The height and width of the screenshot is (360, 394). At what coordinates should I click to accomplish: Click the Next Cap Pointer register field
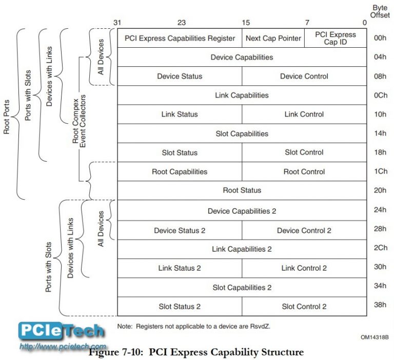click(273, 38)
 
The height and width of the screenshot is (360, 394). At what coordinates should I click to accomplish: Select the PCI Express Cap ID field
click(336, 38)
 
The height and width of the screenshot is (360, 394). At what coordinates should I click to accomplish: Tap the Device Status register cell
click(180, 76)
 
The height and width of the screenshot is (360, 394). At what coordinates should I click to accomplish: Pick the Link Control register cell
click(304, 114)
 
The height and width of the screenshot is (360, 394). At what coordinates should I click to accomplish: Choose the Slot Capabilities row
click(242, 134)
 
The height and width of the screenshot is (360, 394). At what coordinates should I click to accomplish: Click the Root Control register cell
click(304, 172)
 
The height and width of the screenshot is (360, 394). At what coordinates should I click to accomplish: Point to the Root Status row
click(242, 190)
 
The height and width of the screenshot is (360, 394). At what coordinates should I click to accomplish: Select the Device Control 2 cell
click(304, 231)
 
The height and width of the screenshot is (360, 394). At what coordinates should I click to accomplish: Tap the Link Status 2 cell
click(180, 268)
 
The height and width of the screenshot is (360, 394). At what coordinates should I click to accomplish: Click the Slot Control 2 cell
click(304, 307)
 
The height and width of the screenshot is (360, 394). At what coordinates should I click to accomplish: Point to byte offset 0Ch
click(381, 96)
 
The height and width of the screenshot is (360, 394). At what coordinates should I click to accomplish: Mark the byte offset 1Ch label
click(381, 172)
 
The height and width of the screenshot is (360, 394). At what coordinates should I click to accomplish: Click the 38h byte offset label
click(380, 305)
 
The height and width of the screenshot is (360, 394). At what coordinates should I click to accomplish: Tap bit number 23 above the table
click(182, 23)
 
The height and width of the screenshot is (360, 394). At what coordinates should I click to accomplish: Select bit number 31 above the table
click(117, 23)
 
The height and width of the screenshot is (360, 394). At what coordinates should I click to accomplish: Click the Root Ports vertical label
click(6, 117)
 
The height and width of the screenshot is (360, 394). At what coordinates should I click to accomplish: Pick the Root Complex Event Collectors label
click(79, 121)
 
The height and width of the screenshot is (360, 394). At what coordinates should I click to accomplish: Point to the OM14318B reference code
click(375, 337)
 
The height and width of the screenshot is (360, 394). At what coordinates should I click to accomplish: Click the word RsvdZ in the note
click(260, 327)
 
